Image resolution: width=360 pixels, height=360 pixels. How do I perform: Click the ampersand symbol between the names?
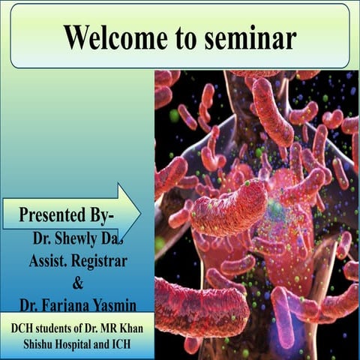76,283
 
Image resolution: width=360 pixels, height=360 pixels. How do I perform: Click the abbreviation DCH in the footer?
23,328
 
